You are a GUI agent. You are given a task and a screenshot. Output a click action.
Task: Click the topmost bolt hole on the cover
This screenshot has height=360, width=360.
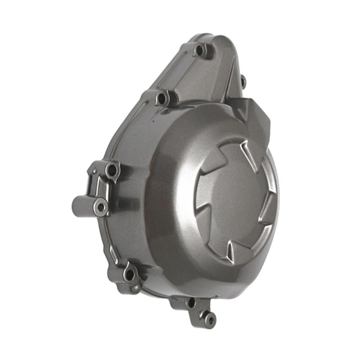tap(200, 50)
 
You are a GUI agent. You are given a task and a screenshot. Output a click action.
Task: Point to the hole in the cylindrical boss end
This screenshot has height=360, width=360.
tap(101, 207)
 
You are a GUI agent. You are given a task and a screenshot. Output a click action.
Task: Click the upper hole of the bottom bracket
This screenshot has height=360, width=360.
tap(192, 303)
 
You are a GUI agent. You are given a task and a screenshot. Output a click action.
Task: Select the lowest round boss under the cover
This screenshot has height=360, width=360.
tap(210, 320)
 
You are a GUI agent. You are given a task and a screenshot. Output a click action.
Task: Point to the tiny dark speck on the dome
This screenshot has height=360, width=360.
tap(153, 121)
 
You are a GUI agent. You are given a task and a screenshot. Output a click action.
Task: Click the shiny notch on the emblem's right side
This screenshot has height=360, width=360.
tap(267, 211)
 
